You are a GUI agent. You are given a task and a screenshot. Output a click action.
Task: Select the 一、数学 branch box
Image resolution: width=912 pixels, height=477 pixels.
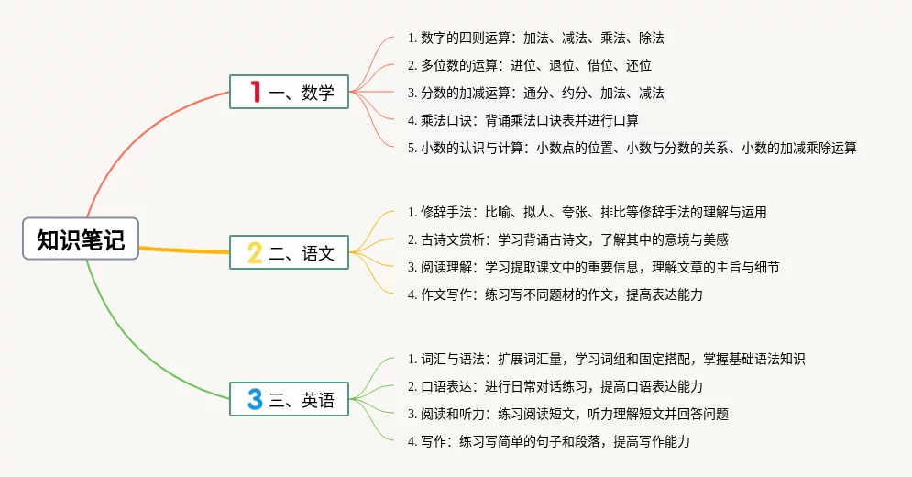289,92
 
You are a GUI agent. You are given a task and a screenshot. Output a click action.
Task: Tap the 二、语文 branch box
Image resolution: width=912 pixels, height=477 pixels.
289,253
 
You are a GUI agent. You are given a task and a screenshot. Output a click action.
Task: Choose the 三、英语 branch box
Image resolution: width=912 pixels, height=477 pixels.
289,399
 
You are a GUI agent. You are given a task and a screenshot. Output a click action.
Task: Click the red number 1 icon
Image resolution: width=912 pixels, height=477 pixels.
256,92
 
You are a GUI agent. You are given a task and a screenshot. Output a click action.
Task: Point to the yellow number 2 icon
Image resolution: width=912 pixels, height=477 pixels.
256,253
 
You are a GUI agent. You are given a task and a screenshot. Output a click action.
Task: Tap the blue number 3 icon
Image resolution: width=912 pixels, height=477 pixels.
256,399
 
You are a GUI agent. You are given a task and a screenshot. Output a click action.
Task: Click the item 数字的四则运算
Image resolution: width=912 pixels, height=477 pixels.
536,38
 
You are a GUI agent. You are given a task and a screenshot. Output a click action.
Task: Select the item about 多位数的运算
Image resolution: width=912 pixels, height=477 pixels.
530,65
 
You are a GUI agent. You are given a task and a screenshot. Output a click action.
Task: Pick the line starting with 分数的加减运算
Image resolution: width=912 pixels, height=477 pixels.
536,93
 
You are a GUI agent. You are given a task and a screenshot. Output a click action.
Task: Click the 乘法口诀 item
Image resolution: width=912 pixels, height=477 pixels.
523,120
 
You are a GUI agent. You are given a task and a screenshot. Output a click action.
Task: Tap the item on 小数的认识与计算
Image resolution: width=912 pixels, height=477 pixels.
632,148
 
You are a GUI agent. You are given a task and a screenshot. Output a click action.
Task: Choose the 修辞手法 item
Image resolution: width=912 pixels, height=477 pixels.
587,212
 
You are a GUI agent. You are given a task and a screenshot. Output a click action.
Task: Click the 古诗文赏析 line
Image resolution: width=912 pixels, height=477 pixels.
568,239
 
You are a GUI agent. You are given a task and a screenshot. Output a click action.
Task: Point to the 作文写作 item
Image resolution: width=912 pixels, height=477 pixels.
555,294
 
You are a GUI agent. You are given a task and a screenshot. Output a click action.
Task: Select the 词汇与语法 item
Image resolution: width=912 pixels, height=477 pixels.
606,359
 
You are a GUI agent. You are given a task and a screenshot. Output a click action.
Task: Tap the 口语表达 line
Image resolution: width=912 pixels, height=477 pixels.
555,386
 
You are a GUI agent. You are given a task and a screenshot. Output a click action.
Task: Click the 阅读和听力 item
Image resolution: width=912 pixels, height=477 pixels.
568,414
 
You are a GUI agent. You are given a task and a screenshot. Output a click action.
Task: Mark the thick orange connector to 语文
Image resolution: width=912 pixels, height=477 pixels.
183,250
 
